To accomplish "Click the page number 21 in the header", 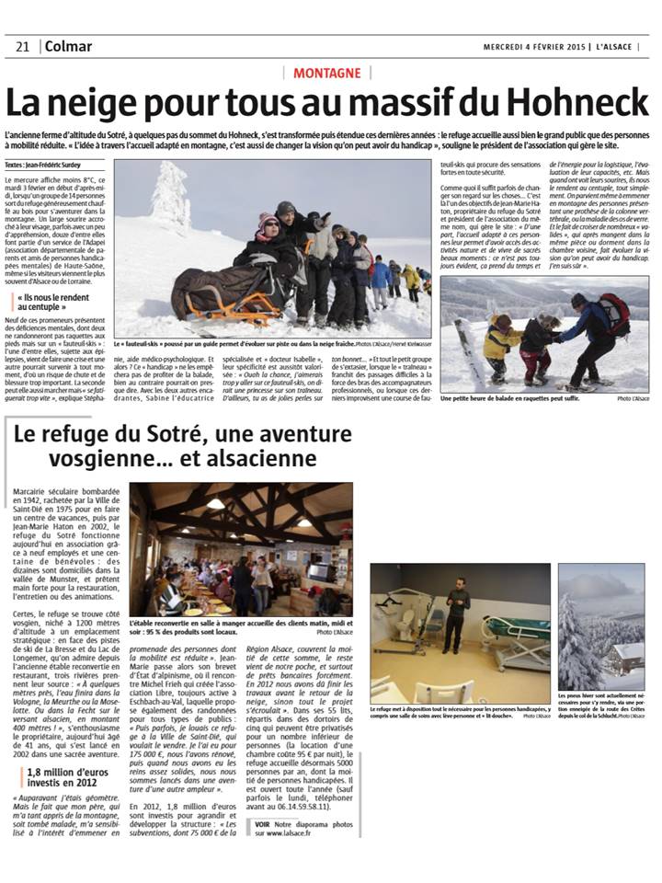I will click(x=23, y=47).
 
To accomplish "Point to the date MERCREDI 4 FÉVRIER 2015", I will click(x=536, y=47).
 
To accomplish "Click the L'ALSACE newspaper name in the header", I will click(x=622, y=47).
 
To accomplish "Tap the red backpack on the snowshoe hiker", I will click(x=613, y=314).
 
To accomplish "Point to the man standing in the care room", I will click(x=453, y=611).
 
